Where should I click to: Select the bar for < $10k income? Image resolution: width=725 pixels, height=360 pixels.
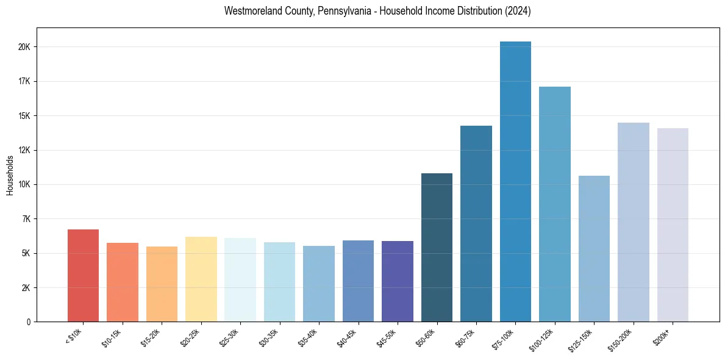(83, 276)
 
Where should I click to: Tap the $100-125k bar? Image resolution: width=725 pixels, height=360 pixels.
(555, 204)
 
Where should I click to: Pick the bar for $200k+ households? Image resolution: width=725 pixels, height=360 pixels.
(673, 225)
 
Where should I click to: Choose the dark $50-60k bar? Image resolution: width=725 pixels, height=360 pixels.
(437, 248)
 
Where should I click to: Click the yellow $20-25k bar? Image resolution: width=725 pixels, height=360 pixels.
(201, 279)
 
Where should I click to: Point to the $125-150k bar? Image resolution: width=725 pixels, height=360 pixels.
(594, 249)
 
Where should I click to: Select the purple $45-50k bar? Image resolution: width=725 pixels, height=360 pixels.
(398, 281)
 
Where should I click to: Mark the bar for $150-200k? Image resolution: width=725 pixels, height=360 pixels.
(634, 222)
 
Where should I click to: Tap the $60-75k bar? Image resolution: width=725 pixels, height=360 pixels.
(476, 224)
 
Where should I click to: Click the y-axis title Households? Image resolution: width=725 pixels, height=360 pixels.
(10, 175)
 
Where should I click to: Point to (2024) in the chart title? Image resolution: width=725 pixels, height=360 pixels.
(517, 11)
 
